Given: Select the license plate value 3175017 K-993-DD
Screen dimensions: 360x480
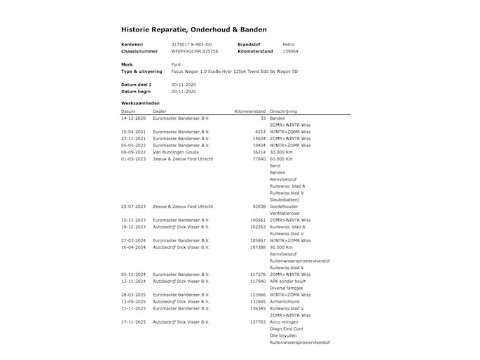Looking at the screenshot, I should [x=191, y=44].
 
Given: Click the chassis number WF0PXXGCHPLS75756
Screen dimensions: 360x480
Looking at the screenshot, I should [x=195, y=51].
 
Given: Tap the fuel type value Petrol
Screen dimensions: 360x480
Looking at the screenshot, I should [x=289, y=44].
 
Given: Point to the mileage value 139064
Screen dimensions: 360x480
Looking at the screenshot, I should [x=290, y=51].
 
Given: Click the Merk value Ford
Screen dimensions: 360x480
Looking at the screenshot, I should [x=176, y=64].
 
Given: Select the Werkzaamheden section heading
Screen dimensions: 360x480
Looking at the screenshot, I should [x=141, y=103].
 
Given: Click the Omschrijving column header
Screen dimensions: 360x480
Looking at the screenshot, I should [x=283, y=111].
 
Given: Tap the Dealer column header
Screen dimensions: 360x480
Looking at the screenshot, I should [x=160, y=111].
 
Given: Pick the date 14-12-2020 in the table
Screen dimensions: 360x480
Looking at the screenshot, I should [x=133, y=118].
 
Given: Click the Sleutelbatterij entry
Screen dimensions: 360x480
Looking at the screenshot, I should [x=284, y=200].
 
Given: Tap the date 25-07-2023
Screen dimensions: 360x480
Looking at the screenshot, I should [x=133, y=207].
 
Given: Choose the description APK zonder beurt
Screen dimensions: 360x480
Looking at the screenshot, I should [x=287, y=281].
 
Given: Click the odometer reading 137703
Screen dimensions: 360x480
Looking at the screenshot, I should [x=258, y=322].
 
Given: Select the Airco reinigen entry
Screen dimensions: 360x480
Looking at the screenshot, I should [x=284, y=322].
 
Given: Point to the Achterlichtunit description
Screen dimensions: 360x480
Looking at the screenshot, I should [x=285, y=302].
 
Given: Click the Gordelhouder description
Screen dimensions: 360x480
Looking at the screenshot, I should [x=284, y=207].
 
